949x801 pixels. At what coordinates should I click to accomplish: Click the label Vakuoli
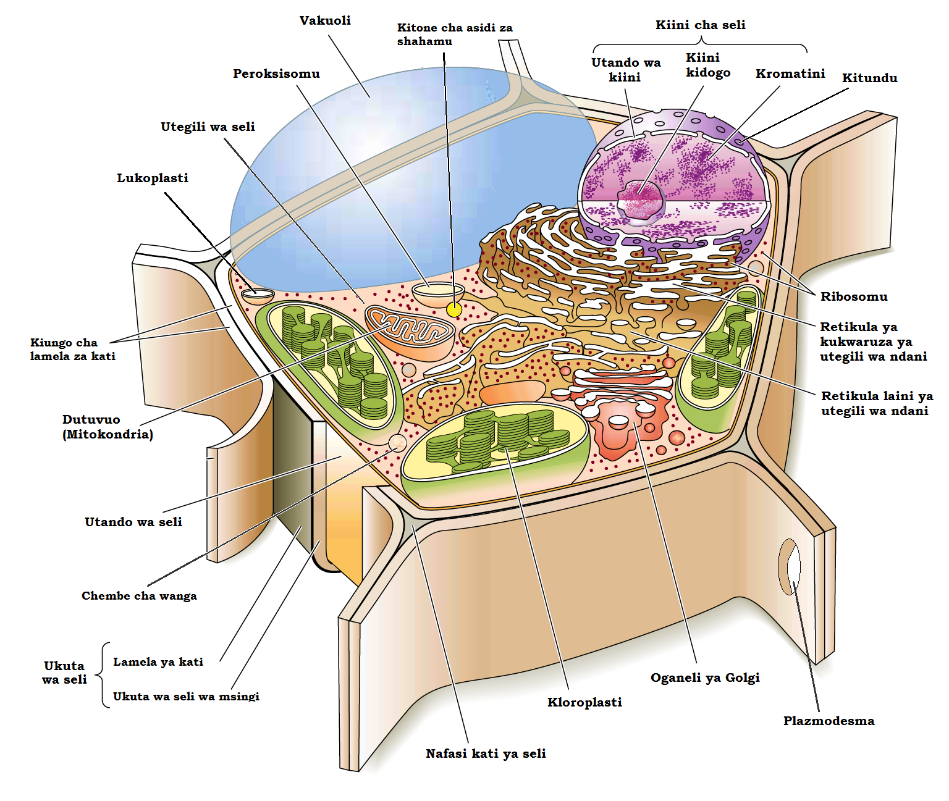(325, 20)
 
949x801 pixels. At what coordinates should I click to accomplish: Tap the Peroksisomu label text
(276, 73)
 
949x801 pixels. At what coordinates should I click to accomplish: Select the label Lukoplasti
(153, 178)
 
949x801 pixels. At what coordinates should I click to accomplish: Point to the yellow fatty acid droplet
(454, 309)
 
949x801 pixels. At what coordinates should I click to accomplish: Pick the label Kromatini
(790, 73)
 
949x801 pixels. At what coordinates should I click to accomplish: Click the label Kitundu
(869, 78)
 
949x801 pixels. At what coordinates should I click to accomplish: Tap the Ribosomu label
(854, 296)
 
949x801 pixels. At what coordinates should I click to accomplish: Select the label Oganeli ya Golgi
(705, 677)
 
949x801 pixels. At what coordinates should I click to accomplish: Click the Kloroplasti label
(584, 702)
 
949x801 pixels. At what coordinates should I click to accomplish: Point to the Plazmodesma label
(829, 721)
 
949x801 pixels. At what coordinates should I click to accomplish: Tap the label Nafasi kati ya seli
(486, 753)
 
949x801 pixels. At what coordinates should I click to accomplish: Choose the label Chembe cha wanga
(139, 596)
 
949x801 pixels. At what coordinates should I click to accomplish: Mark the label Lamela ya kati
(158, 662)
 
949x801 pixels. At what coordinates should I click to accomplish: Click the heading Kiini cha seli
(700, 25)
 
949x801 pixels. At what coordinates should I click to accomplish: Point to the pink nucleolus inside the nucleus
(641, 199)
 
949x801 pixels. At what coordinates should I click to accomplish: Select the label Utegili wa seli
(208, 127)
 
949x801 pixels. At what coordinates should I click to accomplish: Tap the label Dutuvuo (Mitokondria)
(108, 427)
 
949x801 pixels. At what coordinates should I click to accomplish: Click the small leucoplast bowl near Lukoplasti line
(258, 295)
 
